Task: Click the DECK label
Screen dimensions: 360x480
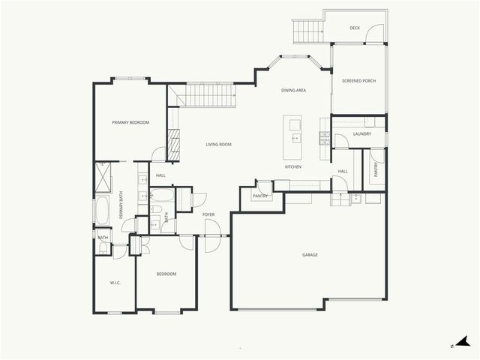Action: click(x=355, y=28)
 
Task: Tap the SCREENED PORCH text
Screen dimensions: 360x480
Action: click(x=358, y=80)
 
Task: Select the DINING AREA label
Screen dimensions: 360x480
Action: click(x=293, y=90)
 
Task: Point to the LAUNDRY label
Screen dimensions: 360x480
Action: click(x=362, y=134)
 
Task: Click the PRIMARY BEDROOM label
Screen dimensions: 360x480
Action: click(x=130, y=122)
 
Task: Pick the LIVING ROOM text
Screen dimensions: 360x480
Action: click(x=218, y=144)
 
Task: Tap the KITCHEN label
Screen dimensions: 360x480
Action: click(x=292, y=166)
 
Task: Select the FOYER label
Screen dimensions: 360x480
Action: click(x=208, y=214)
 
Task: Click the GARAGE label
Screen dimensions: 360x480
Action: click(x=310, y=255)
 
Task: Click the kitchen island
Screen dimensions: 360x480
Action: click(x=293, y=129)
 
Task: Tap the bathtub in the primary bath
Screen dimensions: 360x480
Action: click(x=102, y=211)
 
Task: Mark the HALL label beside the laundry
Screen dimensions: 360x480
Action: click(x=343, y=171)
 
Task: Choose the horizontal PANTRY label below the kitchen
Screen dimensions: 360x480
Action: click(x=260, y=196)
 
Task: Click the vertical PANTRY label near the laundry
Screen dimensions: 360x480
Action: click(x=376, y=171)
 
